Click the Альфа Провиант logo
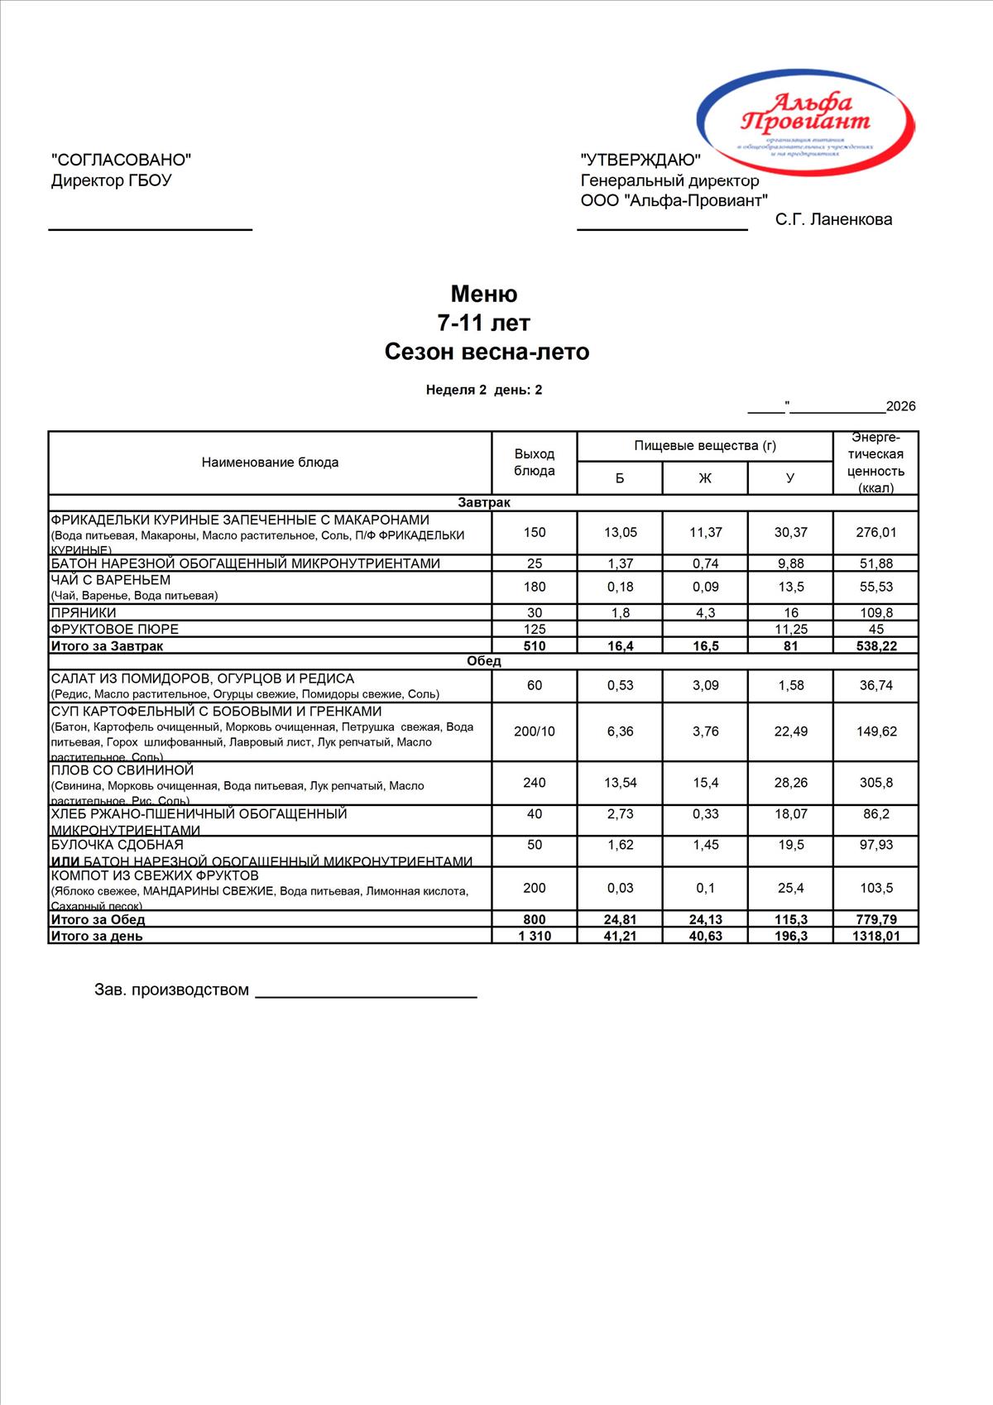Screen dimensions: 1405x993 805,115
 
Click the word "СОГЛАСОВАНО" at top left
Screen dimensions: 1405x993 121,160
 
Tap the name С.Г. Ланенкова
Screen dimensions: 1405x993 833,219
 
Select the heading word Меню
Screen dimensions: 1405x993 484,294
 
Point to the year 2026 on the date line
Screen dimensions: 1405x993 900,406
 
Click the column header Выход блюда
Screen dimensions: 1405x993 535,463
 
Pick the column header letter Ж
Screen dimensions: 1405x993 705,478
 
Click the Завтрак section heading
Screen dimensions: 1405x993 484,503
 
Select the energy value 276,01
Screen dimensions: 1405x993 875,532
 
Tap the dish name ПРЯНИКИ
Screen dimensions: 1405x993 84,612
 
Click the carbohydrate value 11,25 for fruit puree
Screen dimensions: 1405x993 790,629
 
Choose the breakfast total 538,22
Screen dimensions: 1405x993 875,645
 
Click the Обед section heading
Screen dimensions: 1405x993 484,661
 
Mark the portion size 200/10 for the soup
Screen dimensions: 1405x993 535,731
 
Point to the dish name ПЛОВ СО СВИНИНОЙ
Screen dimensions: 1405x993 122,770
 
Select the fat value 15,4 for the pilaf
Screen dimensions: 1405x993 705,783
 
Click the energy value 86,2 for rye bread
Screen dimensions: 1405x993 875,814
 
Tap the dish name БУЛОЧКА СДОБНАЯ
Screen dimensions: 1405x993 118,845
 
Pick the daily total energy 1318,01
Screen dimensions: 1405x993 875,936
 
